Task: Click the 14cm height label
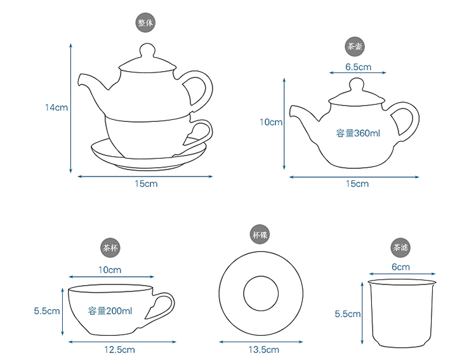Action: tap(56, 107)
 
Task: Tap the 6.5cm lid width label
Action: tap(358, 67)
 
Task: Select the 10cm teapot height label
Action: tap(271, 122)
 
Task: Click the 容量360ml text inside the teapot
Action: tap(358, 133)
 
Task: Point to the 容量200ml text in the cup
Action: tap(110, 310)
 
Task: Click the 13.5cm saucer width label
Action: tap(263, 350)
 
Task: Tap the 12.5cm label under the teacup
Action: tap(119, 350)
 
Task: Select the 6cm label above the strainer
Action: tap(400, 267)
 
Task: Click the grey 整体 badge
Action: tap(145, 23)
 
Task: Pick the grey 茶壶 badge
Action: tap(355, 46)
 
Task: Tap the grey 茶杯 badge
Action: tap(110, 248)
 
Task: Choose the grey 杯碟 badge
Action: tap(260, 235)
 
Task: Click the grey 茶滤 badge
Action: tap(400, 247)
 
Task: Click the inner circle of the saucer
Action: tap(244, 293)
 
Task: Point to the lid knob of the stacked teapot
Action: tap(147, 50)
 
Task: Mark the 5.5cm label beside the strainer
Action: tap(348, 314)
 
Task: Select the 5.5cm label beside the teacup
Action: tap(47, 310)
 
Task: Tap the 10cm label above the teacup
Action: tap(110, 270)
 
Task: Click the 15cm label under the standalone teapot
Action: tap(357, 183)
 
